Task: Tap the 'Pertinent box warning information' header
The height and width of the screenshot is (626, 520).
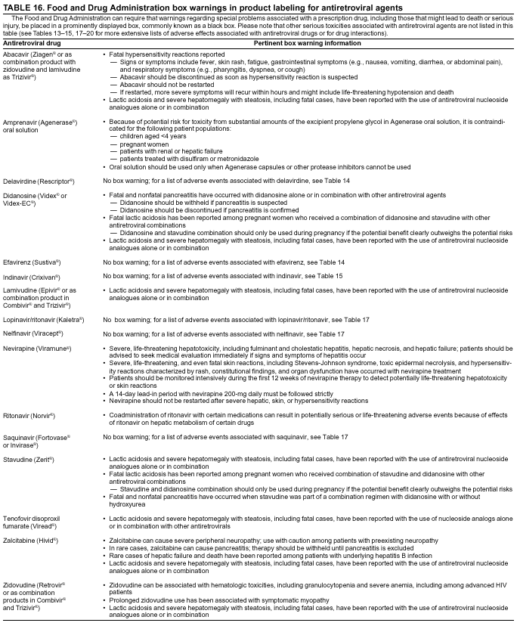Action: pos(306,43)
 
